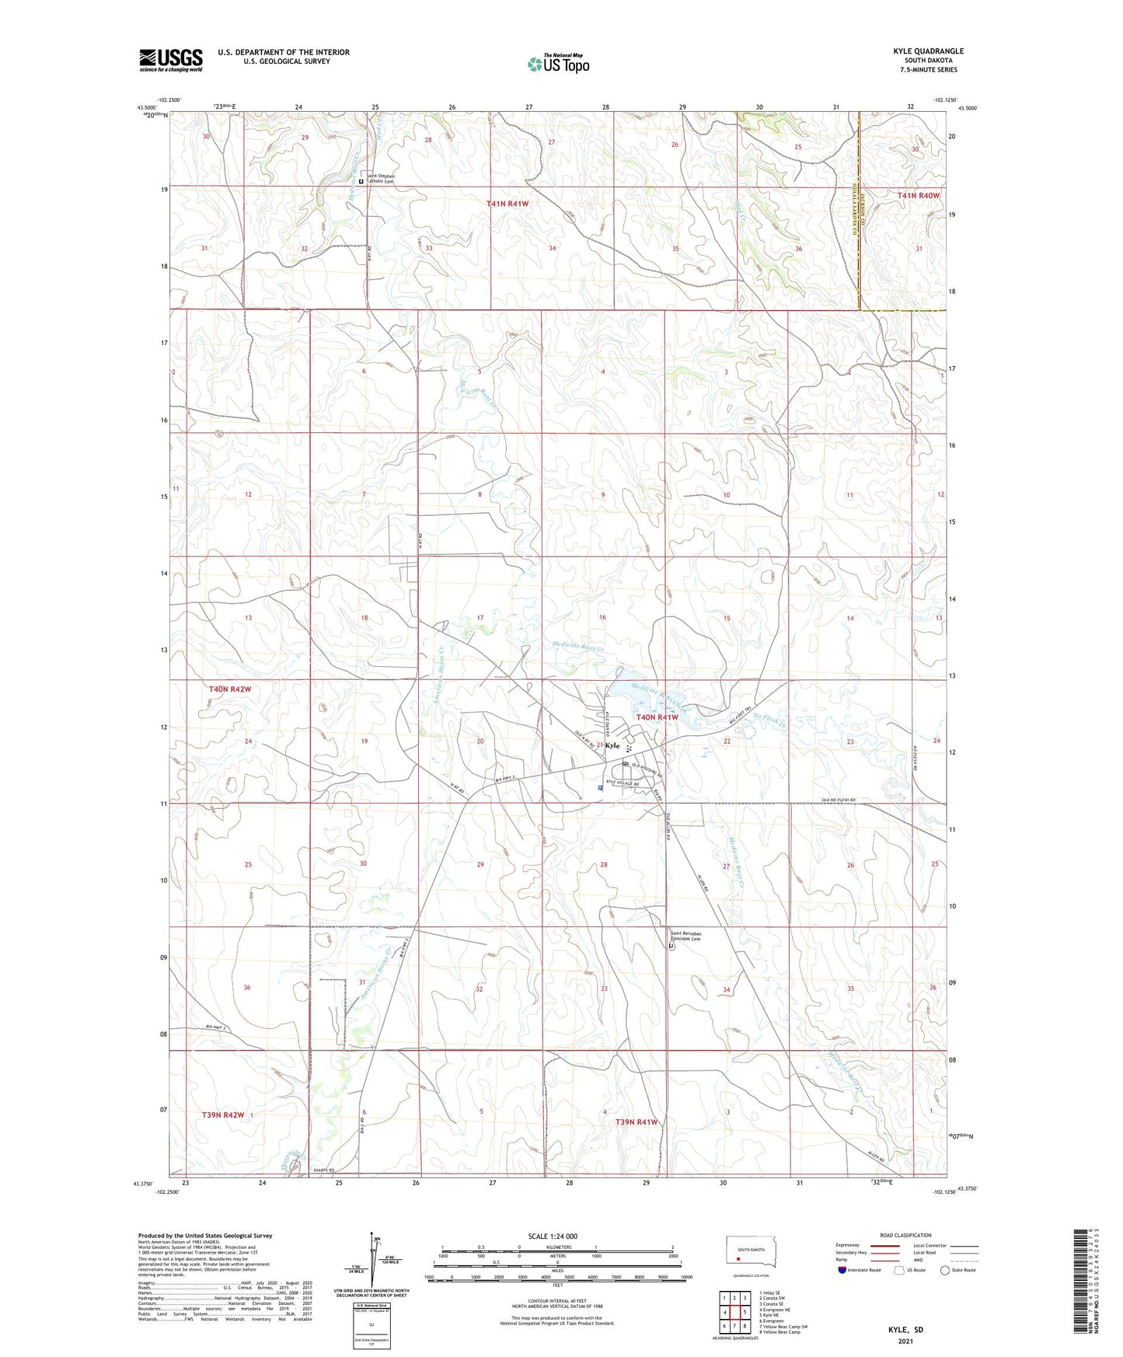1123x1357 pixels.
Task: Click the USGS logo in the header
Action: tap(171, 60)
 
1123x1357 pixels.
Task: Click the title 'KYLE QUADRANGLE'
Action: tap(928, 51)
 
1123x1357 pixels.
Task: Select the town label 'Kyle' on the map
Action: tap(613, 745)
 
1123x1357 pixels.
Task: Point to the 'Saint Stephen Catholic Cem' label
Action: tap(381, 178)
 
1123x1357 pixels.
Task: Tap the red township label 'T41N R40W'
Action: tap(918, 196)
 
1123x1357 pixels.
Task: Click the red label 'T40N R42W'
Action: tap(230, 689)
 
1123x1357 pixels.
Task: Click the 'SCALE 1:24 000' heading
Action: tap(553, 1237)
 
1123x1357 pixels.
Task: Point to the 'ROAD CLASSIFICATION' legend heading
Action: tap(905, 1235)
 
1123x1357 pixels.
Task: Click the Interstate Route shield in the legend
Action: tap(842, 1270)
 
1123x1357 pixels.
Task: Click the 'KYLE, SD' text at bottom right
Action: tap(905, 1330)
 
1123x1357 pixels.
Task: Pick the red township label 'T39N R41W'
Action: tap(636, 1122)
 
